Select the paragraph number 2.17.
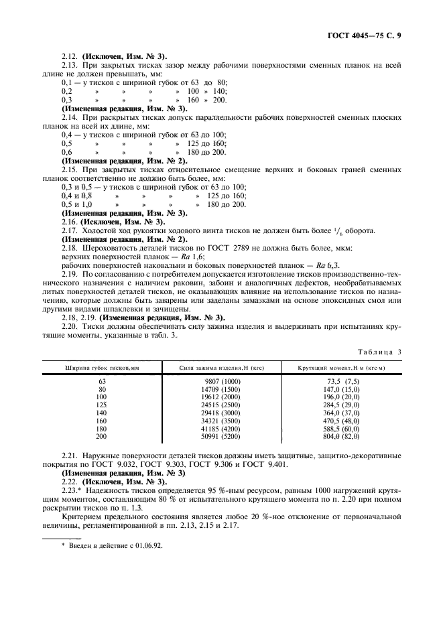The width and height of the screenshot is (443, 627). (x=70, y=230)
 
